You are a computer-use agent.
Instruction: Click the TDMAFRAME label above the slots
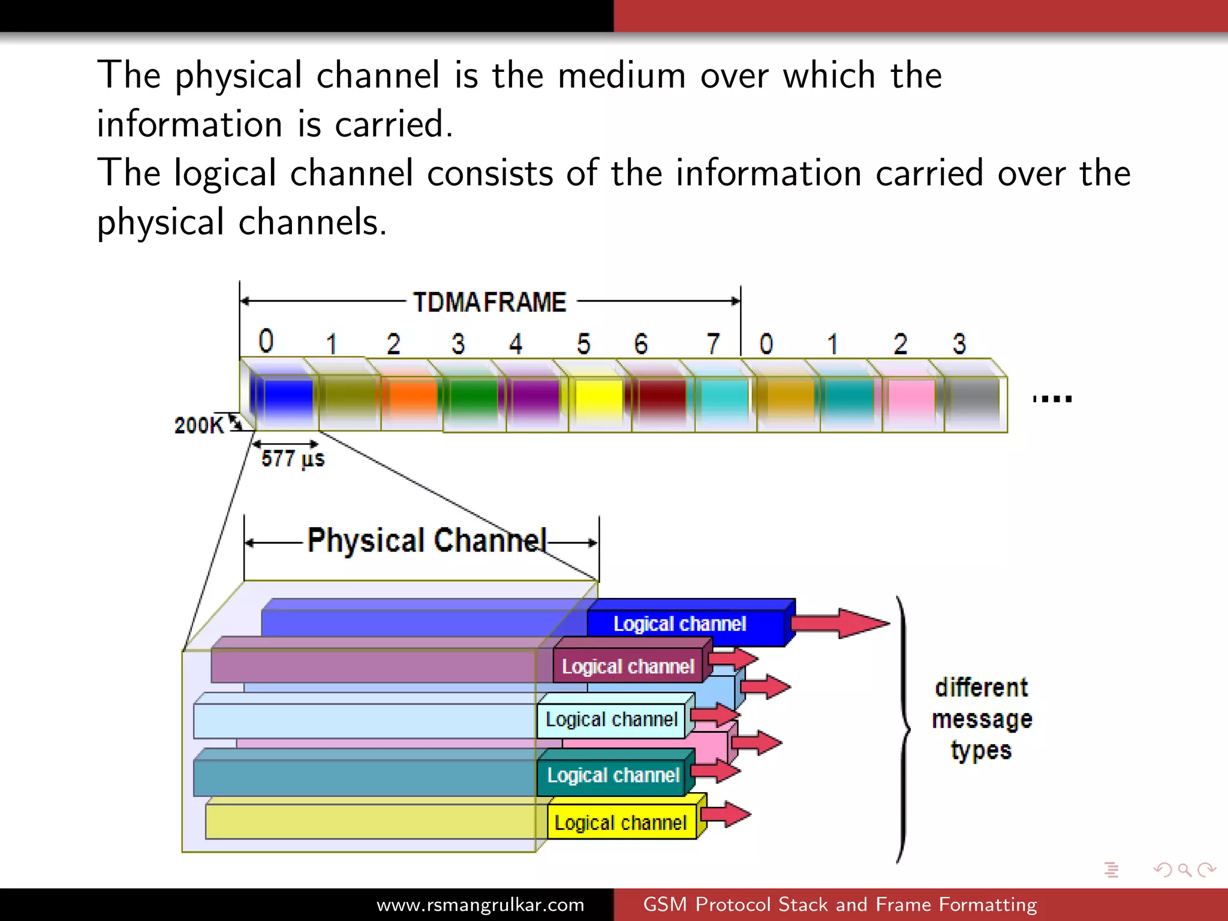pyautogui.click(x=489, y=302)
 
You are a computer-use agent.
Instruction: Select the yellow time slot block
pyautogui.click(x=598, y=399)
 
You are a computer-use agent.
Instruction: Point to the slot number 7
pyautogui.click(x=712, y=344)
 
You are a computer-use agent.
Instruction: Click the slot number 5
pyautogui.click(x=583, y=344)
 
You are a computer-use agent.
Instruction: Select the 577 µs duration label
pyautogui.click(x=293, y=459)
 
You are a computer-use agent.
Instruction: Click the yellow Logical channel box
pyautogui.click(x=621, y=823)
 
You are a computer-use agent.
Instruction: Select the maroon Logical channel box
pyautogui.click(x=628, y=666)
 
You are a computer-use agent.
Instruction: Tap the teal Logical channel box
pyautogui.click(x=613, y=775)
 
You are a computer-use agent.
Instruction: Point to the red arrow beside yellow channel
pyautogui.click(x=726, y=814)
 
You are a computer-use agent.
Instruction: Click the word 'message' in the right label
pyautogui.click(x=982, y=719)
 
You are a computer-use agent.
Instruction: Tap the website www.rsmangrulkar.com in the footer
pyautogui.click(x=480, y=905)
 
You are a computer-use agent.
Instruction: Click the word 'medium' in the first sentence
pyautogui.click(x=622, y=76)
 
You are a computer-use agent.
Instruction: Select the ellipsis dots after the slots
pyautogui.click(x=1052, y=399)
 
